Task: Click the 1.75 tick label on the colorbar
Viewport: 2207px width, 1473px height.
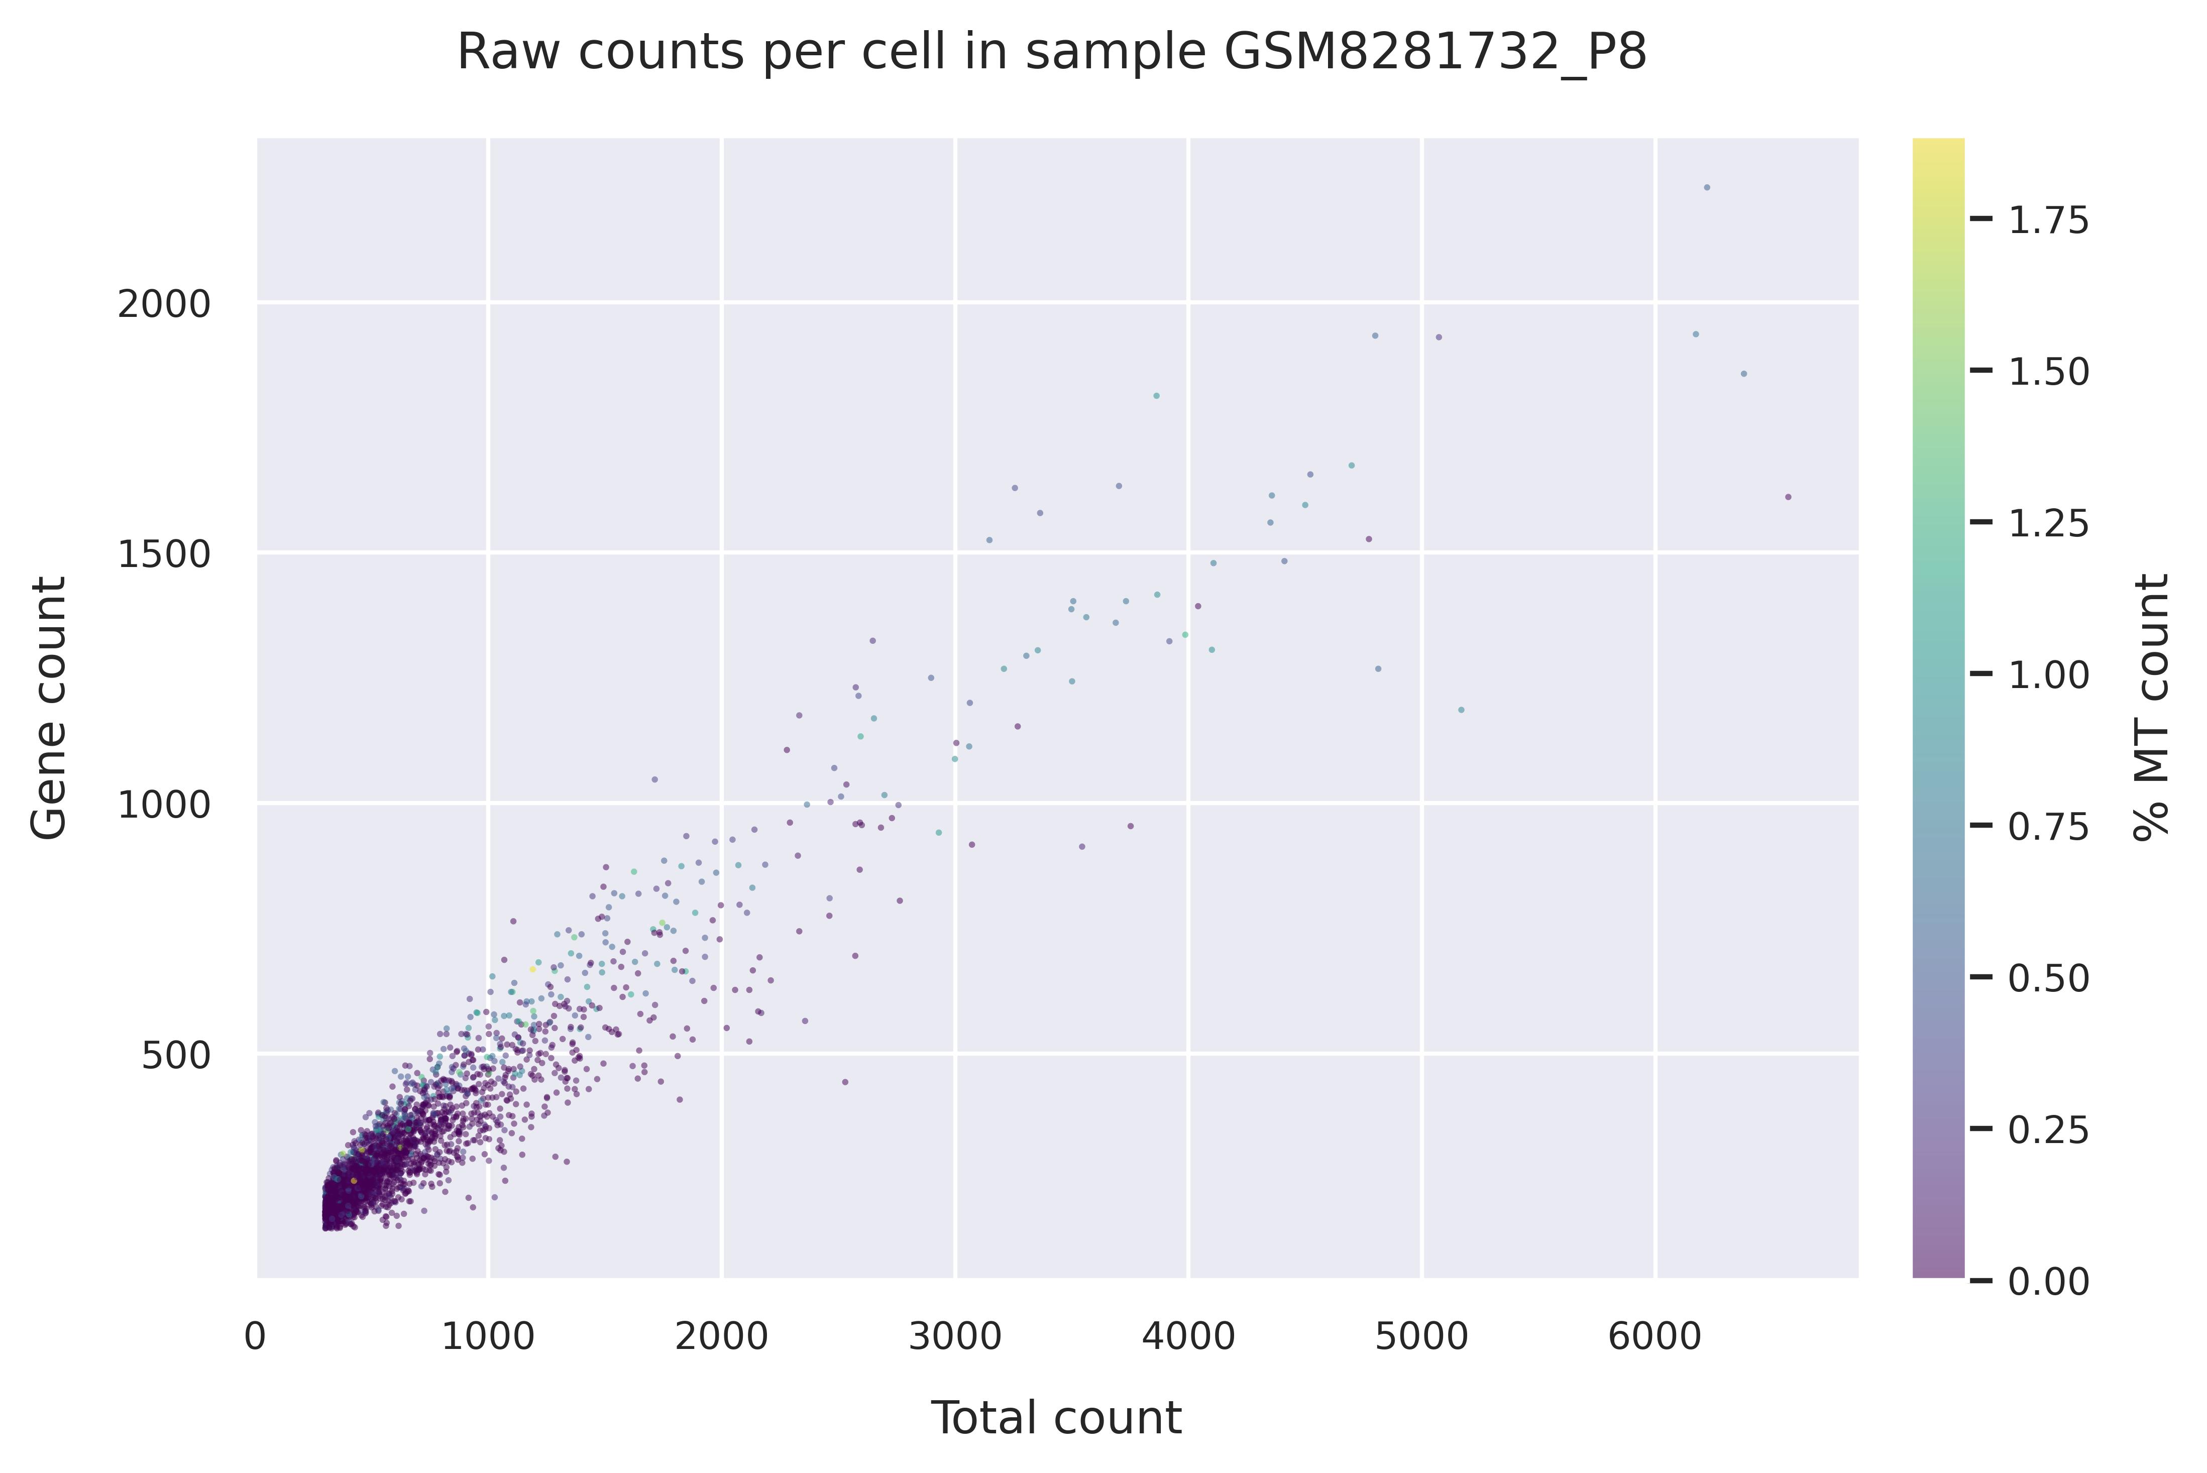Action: [2049, 221]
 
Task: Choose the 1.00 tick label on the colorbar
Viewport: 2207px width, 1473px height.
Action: [2049, 675]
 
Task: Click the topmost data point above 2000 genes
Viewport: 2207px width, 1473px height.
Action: [1707, 187]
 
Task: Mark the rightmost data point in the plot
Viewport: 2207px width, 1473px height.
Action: [1788, 497]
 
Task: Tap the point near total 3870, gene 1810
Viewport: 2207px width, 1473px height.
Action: [1157, 395]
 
